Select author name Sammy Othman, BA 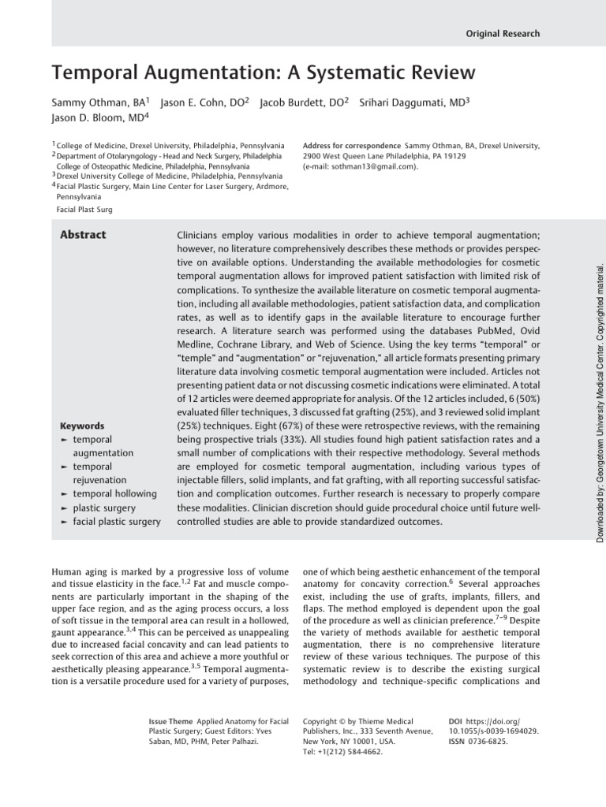[99, 103]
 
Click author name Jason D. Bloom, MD [99, 119]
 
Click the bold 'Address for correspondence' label [351, 146]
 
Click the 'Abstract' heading [84, 235]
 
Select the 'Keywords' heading [84, 426]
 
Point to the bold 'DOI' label [454, 721]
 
